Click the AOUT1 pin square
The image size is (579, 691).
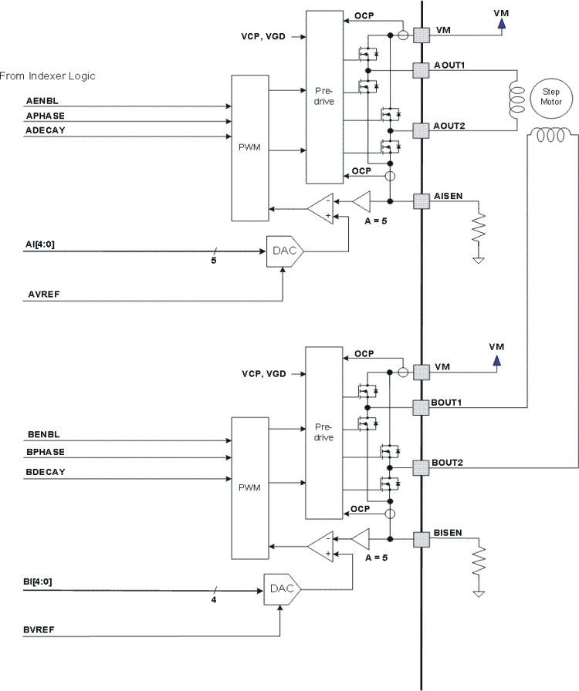pos(421,70)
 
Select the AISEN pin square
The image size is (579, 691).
pos(421,201)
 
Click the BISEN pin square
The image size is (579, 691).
pos(421,538)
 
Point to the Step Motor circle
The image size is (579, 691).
pos(551,96)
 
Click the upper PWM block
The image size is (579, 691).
pos(249,147)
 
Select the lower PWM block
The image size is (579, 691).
pos(249,487)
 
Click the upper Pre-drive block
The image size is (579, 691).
pos(325,96)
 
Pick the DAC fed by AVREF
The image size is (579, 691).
pos(284,251)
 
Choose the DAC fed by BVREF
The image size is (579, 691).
pos(282,590)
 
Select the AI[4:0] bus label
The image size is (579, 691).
pos(39,244)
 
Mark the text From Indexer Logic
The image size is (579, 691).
pos(47,76)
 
